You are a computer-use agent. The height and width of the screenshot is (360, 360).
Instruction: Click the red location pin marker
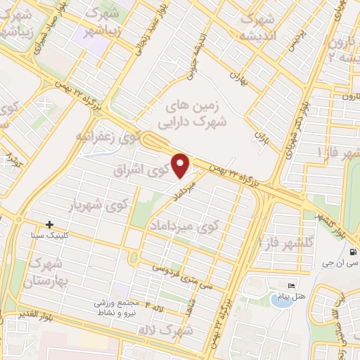point(181,165)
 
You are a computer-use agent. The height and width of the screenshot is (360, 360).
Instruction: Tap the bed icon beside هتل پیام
point(292,285)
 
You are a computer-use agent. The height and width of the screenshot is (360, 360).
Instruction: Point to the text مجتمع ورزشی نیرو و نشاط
point(116,304)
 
